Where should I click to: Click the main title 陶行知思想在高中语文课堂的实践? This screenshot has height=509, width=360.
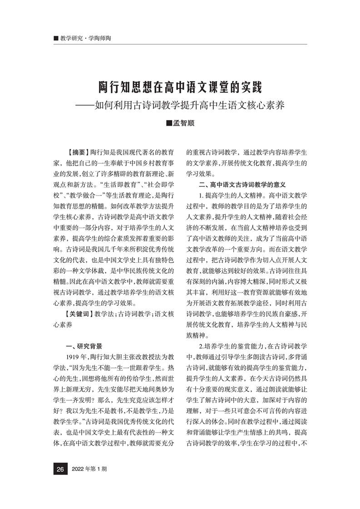click(x=180, y=86)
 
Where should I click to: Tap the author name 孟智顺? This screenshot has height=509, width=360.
click(x=183, y=123)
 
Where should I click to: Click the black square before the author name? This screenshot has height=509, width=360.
click(x=169, y=123)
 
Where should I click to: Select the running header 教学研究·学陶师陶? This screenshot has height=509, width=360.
click(x=85, y=39)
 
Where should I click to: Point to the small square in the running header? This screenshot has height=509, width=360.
click(x=55, y=39)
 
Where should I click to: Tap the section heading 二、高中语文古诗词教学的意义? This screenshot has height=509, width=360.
click(x=242, y=185)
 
